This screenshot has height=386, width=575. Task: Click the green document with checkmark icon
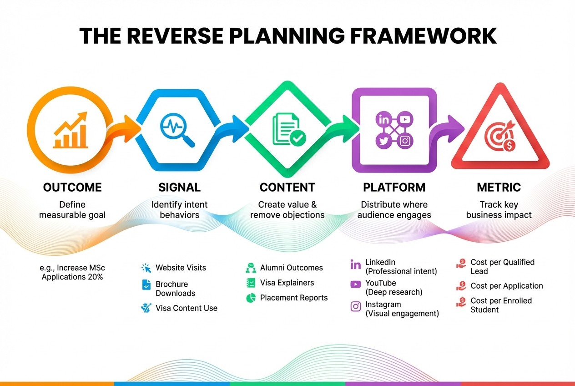288,130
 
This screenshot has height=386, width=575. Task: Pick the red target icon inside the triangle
499,135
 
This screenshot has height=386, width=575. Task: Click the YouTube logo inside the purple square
405,120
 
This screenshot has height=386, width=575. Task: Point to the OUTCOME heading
72,187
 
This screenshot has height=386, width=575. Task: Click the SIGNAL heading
179,187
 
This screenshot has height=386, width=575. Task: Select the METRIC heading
499,187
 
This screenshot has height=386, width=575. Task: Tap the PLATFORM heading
394,187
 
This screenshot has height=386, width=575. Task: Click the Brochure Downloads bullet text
175,289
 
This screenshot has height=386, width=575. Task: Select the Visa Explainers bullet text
287,283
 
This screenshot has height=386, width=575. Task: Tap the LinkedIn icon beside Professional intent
355,264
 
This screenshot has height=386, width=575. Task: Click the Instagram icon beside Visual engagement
355,306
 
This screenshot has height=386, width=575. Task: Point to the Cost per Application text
506,286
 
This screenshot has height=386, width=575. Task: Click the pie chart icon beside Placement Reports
251,298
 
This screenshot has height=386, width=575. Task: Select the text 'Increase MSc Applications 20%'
72,272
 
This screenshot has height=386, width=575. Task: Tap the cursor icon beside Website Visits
146,268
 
